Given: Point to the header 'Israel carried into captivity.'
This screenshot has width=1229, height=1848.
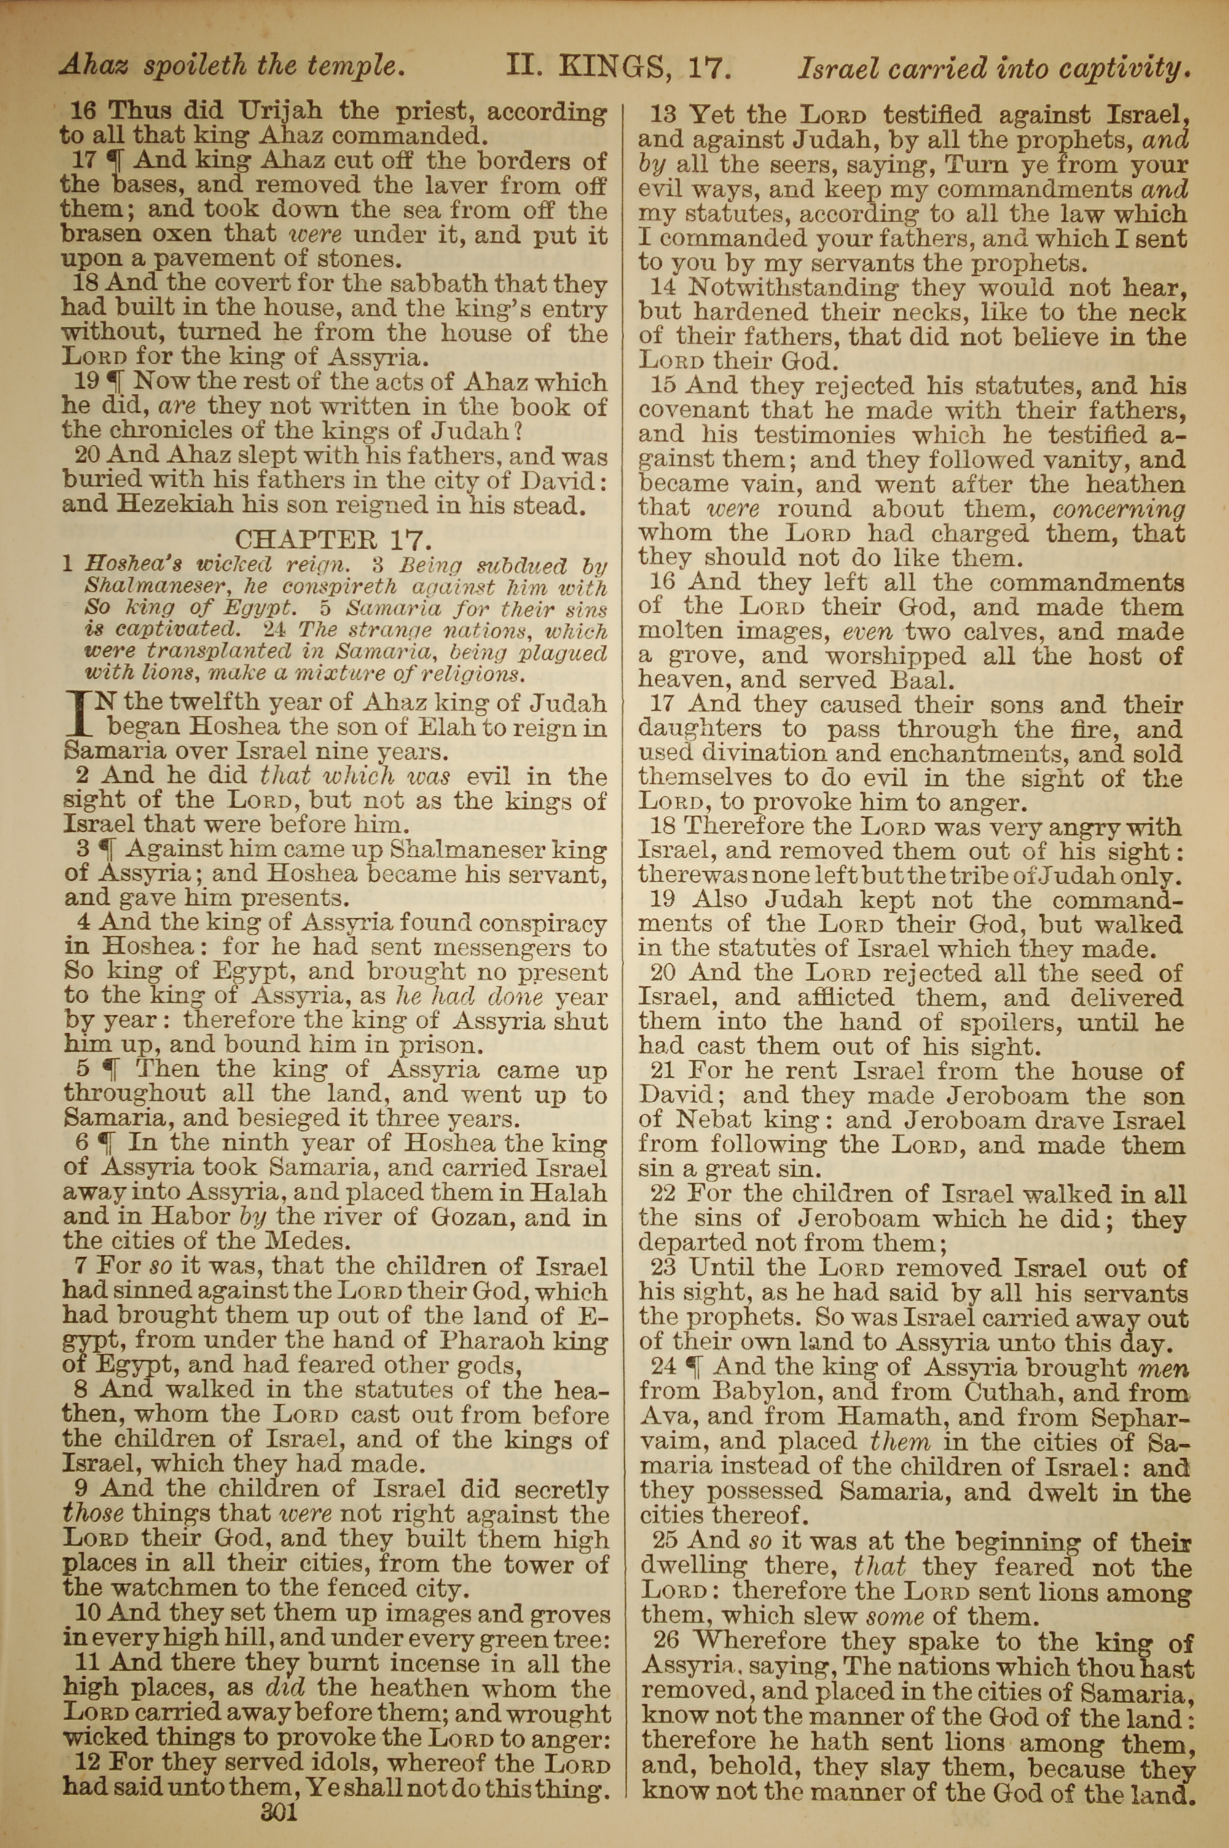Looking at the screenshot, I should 994,69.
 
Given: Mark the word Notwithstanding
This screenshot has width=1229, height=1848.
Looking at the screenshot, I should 793,288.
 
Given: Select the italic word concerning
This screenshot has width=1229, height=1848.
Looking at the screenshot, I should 1118,509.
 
